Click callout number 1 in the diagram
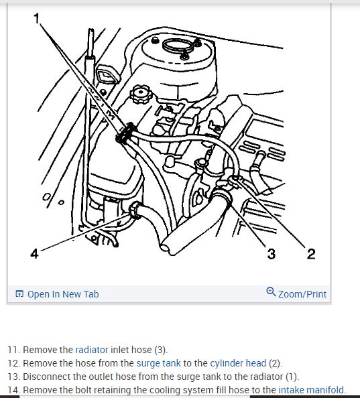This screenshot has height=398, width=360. click(x=37, y=19)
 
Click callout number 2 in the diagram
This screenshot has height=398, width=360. click(x=311, y=254)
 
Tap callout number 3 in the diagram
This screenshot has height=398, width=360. click(x=271, y=254)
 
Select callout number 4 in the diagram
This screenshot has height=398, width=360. click(x=34, y=253)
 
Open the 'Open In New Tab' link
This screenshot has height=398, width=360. click(x=63, y=294)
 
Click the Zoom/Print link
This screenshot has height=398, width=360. click(x=302, y=294)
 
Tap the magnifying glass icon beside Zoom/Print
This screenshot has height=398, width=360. click(x=271, y=291)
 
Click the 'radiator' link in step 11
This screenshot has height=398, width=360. click(x=92, y=350)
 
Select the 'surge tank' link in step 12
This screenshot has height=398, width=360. click(x=159, y=363)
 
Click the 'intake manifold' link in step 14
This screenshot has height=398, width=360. click(x=311, y=389)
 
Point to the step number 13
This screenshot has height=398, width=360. click(x=13, y=377)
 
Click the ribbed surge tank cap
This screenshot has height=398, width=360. click(x=141, y=94)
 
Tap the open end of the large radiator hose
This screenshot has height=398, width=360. click(x=166, y=245)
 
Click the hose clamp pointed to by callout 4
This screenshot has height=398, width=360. click(x=135, y=210)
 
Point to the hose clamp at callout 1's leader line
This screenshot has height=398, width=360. click(x=125, y=133)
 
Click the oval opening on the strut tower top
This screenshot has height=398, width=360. click(x=177, y=46)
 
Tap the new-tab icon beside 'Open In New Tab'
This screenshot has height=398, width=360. click(x=19, y=293)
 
